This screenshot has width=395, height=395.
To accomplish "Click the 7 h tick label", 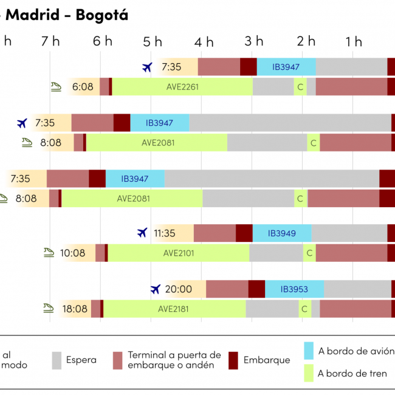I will [x=50, y=41].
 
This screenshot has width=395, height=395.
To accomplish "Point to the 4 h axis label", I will [x=204, y=41].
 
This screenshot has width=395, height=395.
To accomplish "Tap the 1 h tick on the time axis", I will [x=354, y=41].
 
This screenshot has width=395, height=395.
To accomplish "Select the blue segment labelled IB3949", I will [x=281, y=233].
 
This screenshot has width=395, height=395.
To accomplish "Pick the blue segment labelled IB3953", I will [x=294, y=289].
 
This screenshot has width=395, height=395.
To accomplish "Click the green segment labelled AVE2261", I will [x=182, y=87].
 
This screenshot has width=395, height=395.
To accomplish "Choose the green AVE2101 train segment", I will [x=179, y=253].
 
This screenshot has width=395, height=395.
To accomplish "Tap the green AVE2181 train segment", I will [x=173, y=309].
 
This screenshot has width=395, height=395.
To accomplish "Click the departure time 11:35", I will [x=165, y=233].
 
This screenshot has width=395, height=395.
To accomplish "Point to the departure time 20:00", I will [x=178, y=289].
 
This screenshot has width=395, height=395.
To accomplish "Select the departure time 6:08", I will [x=83, y=87].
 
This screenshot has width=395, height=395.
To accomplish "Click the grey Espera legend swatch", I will [x=57, y=360].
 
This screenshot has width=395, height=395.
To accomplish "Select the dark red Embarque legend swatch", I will [x=233, y=360].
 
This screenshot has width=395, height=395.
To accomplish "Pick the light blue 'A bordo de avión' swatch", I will [x=308, y=351].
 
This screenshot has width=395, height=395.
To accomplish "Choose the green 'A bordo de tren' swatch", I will [x=308, y=373].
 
